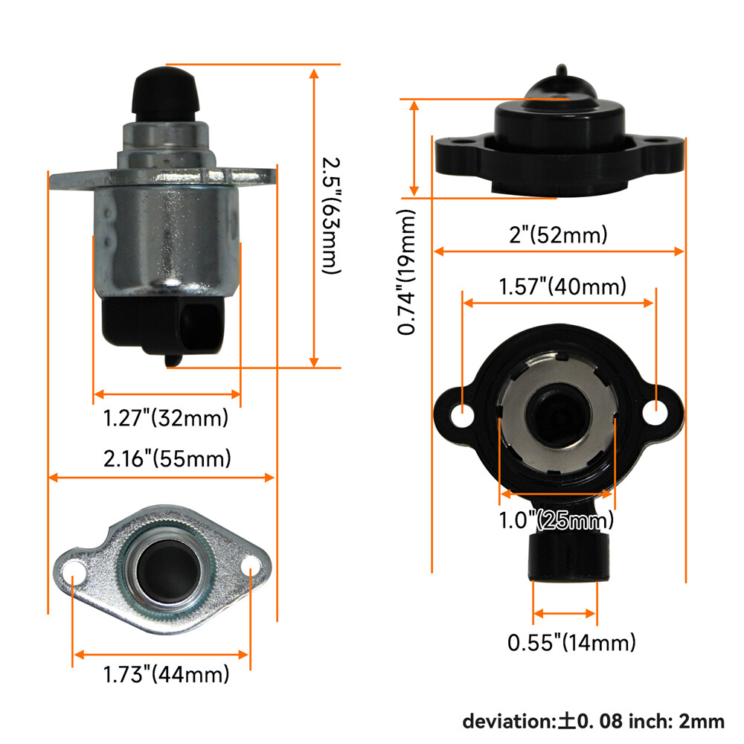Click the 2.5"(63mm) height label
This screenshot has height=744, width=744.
click(x=331, y=216)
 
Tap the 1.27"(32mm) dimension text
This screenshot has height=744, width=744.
click(x=166, y=418)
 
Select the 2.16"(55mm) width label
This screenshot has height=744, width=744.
click(x=167, y=459)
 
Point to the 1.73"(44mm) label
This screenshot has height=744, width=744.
click(x=166, y=674)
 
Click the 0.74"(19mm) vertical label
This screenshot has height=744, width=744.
click(x=407, y=272)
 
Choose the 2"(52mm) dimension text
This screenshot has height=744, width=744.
click(x=558, y=235)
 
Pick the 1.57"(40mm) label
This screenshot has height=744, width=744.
click(x=562, y=286)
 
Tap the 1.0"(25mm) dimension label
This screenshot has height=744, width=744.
click(x=556, y=521)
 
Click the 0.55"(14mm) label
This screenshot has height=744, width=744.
click(x=571, y=643)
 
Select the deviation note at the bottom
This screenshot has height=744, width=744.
click(x=594, y=722)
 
